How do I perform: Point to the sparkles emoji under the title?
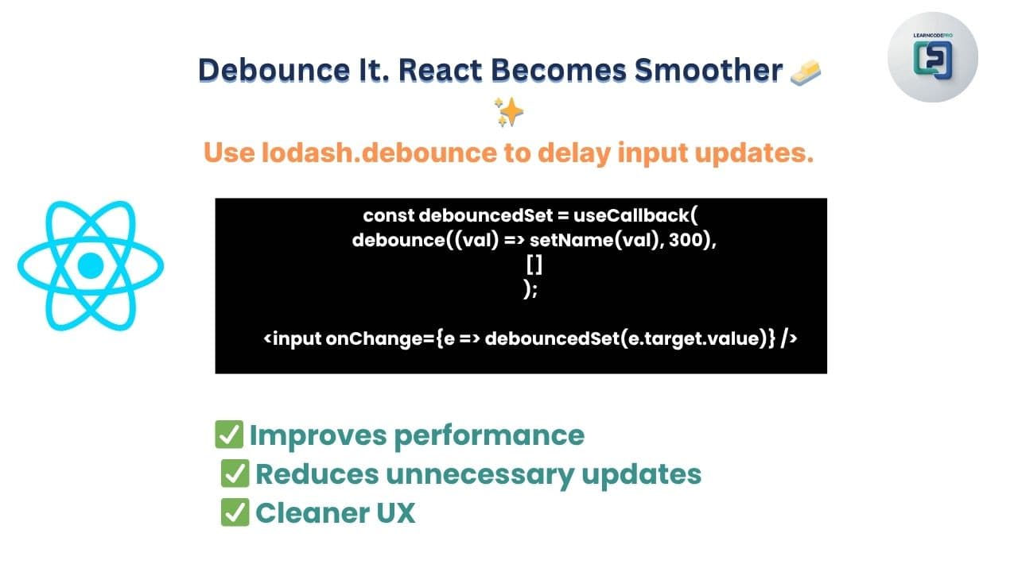508,112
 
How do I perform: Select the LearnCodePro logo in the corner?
933,57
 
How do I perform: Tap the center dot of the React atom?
91,265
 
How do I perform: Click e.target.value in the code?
701,339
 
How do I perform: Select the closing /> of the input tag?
789,339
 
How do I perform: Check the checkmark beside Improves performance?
229,435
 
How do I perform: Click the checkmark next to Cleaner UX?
235,512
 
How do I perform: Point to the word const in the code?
388,215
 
